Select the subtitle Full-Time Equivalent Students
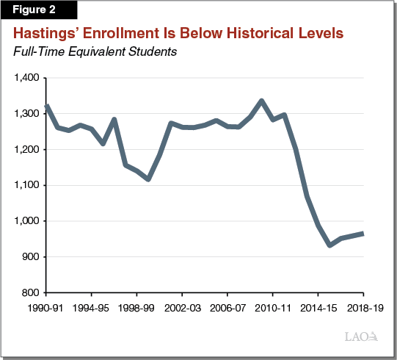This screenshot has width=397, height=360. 93,52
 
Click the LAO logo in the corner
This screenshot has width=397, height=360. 362,337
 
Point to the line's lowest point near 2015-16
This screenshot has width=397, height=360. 330,245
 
